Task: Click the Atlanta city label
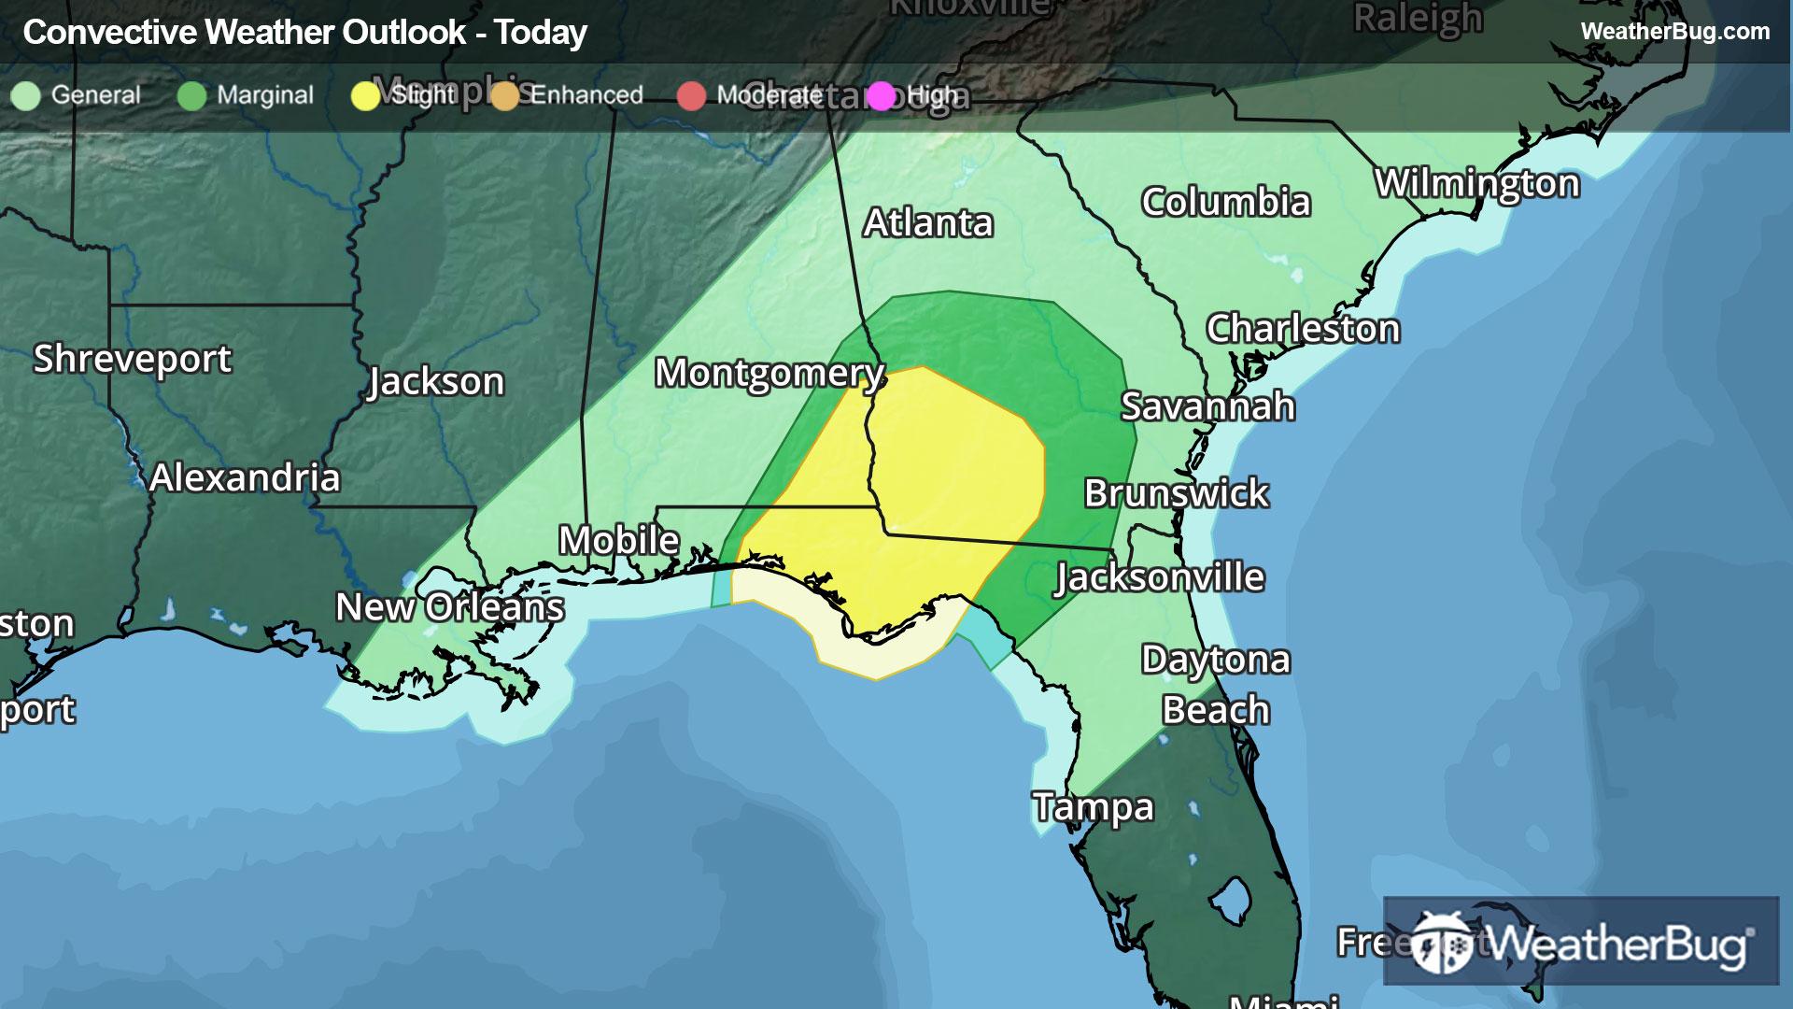[927, 223]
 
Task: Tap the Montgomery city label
[769, 374]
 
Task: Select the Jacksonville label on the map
[1160, 578]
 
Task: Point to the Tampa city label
[1093, 807]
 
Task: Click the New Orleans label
[449, 608]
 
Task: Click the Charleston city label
[1303, 330]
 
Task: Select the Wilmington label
[1476, 184]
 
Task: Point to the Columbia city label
[1225, 203]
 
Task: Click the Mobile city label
[618, 540]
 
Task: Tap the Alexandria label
[245, 478]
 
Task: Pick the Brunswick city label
[1176, 493]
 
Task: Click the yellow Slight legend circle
[365, 96]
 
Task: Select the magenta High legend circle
[881, 96]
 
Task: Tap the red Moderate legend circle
[691, 96]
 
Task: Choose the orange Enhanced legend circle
[505, 96]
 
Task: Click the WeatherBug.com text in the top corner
[1674, 32]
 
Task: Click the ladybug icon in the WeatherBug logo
[1442, 943]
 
